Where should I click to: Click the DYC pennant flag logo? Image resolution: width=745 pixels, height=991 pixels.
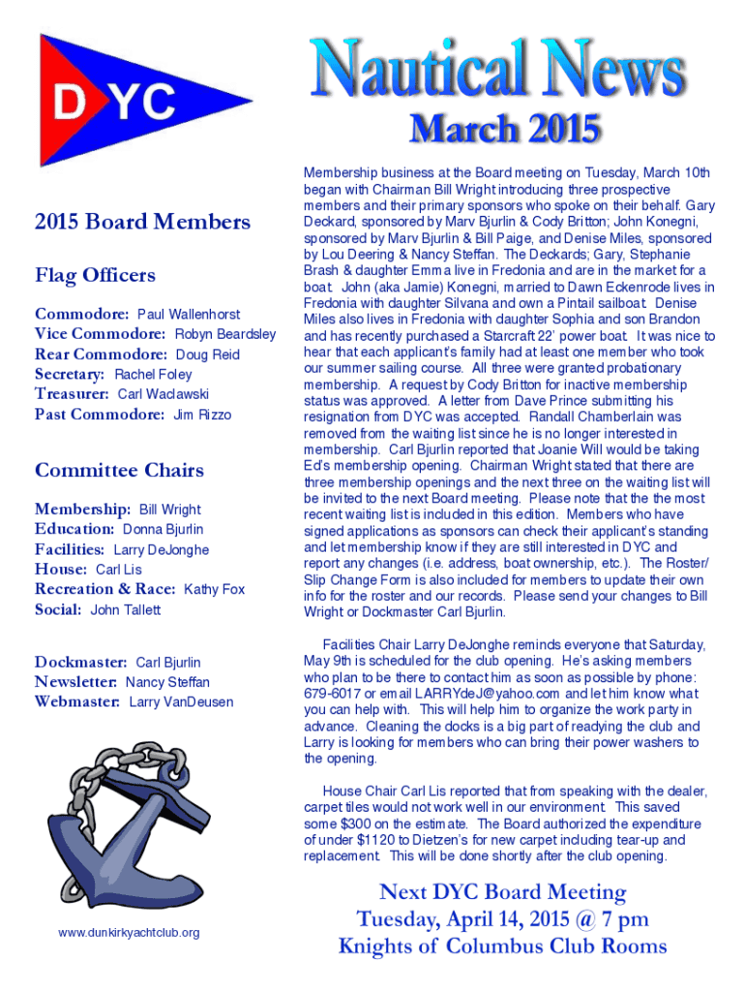coord(135,101)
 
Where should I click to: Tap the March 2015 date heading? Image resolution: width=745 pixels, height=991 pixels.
coord(504,129)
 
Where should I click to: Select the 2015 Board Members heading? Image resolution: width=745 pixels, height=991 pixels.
coord(142,222)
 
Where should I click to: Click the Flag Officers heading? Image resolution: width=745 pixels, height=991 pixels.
coord(95,275)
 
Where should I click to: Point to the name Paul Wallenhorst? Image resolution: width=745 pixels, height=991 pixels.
coord(189,315)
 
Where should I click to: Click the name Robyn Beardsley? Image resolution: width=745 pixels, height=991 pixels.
coord(224,334)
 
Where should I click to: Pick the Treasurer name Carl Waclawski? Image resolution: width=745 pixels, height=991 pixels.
coord(163,394)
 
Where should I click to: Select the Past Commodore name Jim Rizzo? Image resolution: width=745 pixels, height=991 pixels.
coord(202,414)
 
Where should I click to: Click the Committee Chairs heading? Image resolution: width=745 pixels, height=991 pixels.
coord(119,470)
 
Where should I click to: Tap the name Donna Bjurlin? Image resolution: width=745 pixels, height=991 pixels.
coord(163,529)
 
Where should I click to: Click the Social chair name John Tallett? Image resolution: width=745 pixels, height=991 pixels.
coord(126,610)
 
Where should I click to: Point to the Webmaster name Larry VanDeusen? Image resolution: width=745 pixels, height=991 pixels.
coord(181,702)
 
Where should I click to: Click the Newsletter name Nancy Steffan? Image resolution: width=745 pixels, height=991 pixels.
coord(167,682)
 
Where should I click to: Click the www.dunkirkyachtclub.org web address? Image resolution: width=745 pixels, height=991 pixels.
coord(129,932)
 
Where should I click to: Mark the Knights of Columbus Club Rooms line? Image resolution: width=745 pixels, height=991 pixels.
coord(502,946)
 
